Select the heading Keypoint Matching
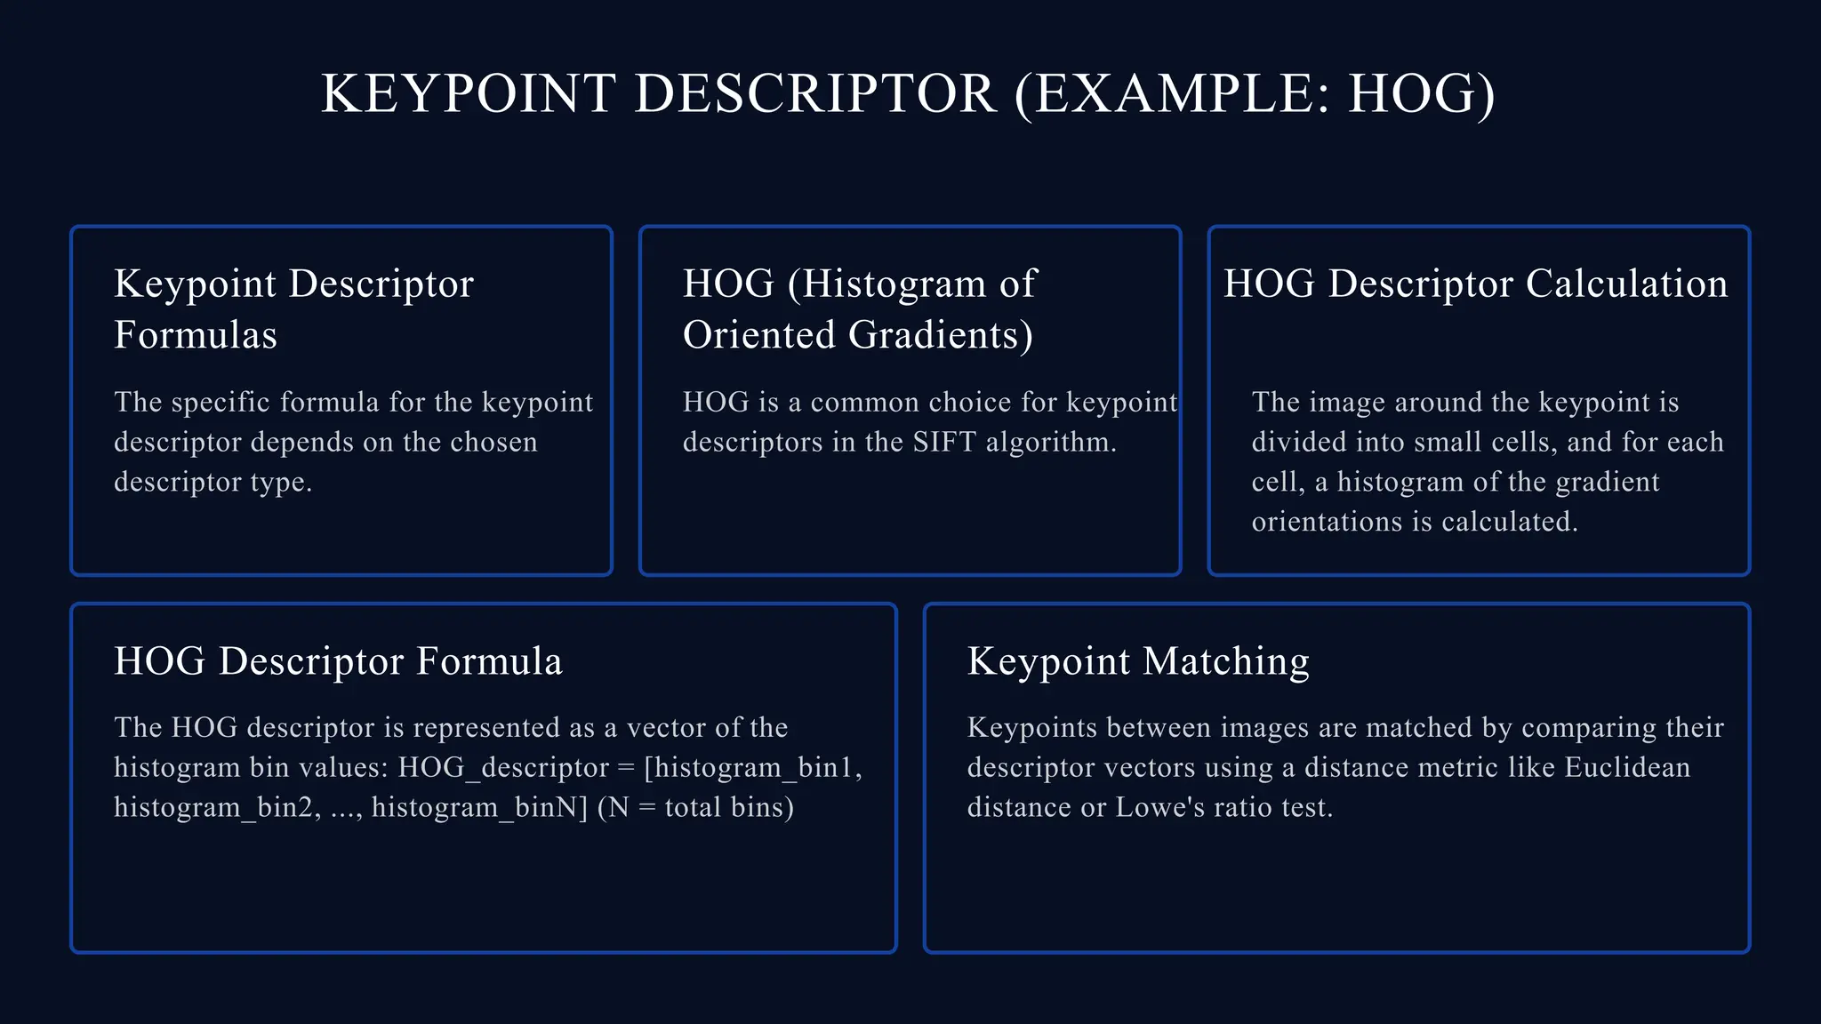pyautogui.click(x=1138, y=661)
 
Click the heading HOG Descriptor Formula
pyautogui.click(x=338, y=661)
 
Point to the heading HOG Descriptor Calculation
pyautogui.click(x=1475, y=284)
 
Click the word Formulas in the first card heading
pyautogui.click(x=196, y=335)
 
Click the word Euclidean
pyautogui.click(x=1627, y=767)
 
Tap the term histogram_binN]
pyautogui.click(x=480, y=807)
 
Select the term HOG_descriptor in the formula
pyautogui.click(x=503, y=767)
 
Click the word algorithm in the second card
pyautogui.click(x=1051, y=442)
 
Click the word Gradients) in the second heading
pyautogui.click(x=941, y=335)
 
